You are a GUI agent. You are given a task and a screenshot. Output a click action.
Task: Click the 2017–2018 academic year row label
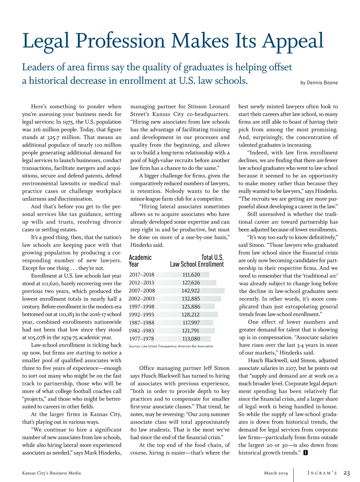tap(142, 275)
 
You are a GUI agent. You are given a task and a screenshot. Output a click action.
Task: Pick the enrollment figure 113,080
tap(191, 339)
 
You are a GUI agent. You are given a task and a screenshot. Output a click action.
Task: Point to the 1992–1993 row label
tap(141, 315)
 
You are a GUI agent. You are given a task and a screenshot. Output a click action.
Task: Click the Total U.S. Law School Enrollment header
tap(197, 261)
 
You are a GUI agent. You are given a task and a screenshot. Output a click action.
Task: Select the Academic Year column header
tap(140, 261)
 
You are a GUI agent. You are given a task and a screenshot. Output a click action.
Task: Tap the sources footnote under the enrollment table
tap(171, 346)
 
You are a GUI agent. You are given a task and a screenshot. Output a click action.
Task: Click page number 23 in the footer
tap(346, 473)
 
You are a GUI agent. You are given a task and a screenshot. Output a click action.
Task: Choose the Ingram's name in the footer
tap(322, 473)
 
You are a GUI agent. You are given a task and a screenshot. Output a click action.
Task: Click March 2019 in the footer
tap(276, 473)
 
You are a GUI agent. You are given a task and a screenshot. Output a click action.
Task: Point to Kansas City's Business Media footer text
tap(51, 473)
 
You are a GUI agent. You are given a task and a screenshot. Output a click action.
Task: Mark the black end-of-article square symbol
tap(305, 453)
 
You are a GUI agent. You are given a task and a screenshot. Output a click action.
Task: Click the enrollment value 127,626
tap(191, 283)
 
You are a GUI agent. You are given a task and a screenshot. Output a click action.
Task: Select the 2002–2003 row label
tap(141, 299)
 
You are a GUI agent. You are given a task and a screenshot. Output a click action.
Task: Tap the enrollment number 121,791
tap(191, 330)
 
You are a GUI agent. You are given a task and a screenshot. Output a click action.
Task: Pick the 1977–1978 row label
tap(141, 339)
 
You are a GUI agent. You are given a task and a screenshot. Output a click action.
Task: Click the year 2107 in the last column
tap(291, 368)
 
